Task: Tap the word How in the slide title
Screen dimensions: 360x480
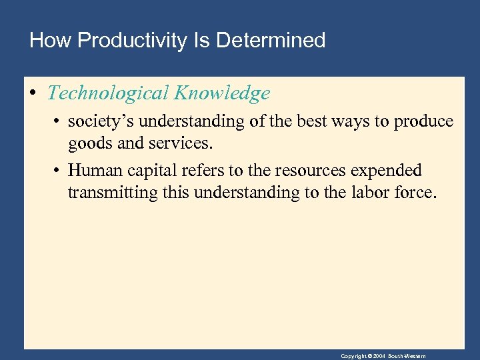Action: click(51, 41)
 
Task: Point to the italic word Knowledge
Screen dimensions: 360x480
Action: click(222, 93)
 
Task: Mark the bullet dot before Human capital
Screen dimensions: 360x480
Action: click(59, 171)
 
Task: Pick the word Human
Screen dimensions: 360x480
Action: click(95, 171)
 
